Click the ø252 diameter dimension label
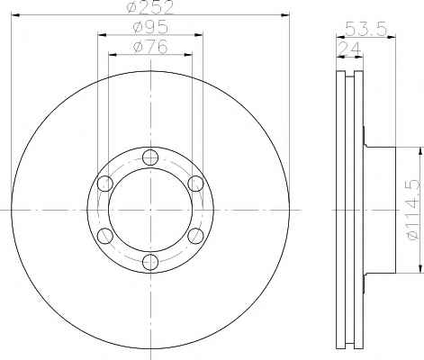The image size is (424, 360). [x=150, y=7]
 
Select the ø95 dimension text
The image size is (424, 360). [x=150, y=28]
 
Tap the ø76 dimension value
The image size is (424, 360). [x=150, y=47]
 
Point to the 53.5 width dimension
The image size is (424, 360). [x=365, y=30]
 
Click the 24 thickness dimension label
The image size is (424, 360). [x=349, y=49]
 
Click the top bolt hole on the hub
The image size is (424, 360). [x=150, y=157]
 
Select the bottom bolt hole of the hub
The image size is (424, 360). [x=150, y=262]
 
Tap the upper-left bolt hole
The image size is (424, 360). [x=105, y=184]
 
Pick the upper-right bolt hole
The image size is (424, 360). [x=195, y=184]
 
